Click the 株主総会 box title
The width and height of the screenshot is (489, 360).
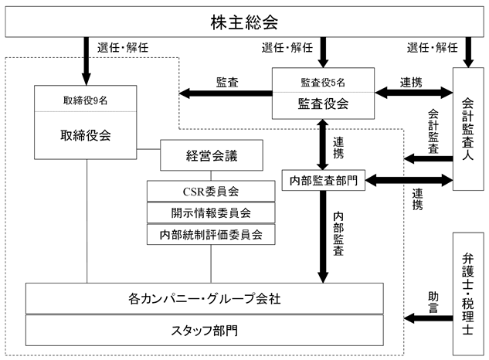tap(244, 22)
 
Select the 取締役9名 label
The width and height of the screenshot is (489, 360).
tap(86, 100)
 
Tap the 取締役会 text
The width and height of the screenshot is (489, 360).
tap(86, 135)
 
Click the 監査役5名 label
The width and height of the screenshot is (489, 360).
tap(323, 83)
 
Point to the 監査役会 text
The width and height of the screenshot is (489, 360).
tap(323, 104)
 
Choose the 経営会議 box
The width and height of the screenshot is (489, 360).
tap(212, 155)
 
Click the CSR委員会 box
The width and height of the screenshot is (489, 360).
tap(211, 192)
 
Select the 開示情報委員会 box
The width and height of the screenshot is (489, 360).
tap(211, 212)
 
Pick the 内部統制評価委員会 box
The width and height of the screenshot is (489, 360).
tap(211, 234)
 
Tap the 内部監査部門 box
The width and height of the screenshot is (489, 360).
tap(324, 180)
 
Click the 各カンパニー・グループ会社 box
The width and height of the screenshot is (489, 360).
tap(204, 298)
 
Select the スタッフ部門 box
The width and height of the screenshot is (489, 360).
tap(204, 331)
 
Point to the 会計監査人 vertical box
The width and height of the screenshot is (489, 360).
tap(468, 129)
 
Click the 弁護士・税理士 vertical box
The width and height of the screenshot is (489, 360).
tap(468, 294)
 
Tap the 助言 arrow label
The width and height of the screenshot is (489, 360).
tap(433, 302)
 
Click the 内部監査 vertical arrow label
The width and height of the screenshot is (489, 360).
tap(338, 234)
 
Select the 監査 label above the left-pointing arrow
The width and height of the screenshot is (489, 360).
tap(227, 83)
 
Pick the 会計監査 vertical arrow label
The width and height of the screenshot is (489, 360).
tap(433, 131)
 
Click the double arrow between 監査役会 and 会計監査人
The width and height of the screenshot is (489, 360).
tap(413, 93)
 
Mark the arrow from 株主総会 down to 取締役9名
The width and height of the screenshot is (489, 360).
tap(86, 61)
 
